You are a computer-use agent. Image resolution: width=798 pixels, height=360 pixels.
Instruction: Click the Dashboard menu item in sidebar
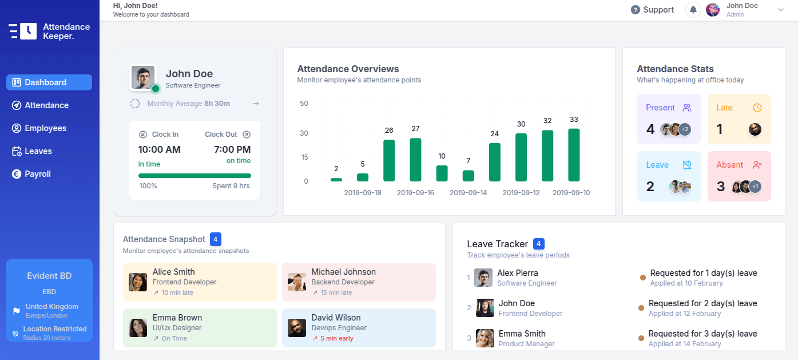(49, 82)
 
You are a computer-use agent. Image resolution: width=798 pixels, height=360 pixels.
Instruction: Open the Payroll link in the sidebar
(38, 174)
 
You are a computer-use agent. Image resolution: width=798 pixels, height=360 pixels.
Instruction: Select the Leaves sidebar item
(38, 151)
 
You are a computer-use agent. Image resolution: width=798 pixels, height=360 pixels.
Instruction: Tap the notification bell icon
(693, 10)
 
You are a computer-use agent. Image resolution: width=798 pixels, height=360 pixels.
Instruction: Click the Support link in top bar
(653, 10)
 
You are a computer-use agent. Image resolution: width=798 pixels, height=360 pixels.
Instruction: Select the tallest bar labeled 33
(574, 155)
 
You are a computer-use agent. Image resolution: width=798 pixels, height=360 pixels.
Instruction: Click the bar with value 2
(336, 180)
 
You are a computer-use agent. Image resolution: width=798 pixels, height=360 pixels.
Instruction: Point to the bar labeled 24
(495, 162)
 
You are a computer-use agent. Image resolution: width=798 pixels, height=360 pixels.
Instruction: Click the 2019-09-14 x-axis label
(469, 193)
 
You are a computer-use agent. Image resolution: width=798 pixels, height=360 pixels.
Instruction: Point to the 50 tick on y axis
(304, 104)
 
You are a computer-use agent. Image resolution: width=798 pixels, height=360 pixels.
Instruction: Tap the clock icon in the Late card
(757, 108)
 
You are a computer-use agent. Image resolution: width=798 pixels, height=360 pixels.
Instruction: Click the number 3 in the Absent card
(721, 187)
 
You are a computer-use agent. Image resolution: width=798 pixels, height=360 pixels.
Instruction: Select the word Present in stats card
(660, 108)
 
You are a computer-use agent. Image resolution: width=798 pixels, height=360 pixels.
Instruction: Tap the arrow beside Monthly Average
(256, 104)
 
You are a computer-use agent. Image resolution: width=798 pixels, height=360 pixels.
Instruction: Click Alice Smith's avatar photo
(138, 282)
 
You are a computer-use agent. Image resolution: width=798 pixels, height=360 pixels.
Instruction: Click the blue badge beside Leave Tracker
(539, 244)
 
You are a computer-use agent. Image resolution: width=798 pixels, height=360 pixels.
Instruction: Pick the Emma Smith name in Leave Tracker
(522, 334)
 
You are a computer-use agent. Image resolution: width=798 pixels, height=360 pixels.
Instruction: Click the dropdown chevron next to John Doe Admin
(781, 10)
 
